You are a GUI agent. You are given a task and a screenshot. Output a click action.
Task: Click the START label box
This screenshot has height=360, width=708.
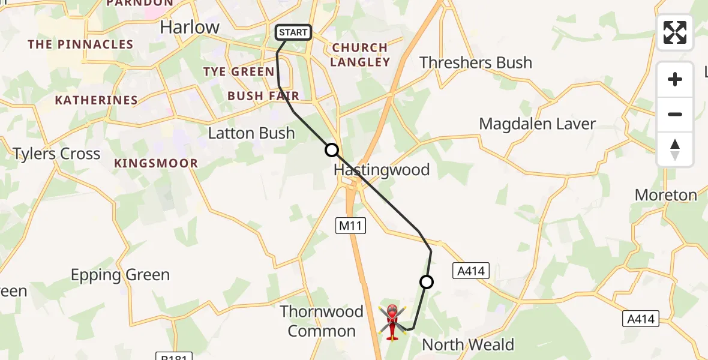click(x=293, y=32)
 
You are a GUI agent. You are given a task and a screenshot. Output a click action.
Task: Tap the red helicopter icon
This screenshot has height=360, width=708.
click(x=392, y=321)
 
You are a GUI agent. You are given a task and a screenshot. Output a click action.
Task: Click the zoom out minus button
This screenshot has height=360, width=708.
click(x=675, y=114)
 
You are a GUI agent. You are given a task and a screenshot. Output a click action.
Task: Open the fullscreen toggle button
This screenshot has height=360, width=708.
click(x=675, y=32)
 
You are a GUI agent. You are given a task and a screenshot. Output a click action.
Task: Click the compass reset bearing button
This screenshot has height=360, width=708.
click(x=675, y=149)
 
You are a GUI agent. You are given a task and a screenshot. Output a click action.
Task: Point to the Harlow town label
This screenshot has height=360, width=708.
click(x=190, y=27)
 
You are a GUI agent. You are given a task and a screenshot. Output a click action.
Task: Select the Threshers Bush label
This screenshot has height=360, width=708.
click(x=476, y=62)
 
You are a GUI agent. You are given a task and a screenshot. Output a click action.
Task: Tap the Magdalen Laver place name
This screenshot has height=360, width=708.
click(x=537, y=124)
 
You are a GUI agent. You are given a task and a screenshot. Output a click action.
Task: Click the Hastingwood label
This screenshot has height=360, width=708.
click(x=382, y=170)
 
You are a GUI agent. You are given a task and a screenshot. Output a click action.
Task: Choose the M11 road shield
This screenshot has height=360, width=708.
click(x=350, y=226)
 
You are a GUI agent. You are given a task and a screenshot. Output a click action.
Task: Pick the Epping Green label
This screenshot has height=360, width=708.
click(x=120, y=275)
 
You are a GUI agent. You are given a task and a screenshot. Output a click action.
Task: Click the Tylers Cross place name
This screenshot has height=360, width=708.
click(x=57, y=154)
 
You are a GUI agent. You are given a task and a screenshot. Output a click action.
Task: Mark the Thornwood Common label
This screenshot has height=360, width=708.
click(x=322, y=321)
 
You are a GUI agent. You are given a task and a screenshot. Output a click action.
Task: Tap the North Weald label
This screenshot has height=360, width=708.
click(x=468, y=344)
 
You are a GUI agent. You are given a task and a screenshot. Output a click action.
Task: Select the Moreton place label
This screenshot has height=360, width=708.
click(x=666, y=195)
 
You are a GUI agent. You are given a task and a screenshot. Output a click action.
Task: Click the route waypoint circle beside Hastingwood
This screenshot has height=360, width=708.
click(x=332, y=150)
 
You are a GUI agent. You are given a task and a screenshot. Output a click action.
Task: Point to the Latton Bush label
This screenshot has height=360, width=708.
click(x=251, y=133)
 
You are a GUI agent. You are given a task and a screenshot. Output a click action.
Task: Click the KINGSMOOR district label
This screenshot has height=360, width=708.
click(x=156, y=163)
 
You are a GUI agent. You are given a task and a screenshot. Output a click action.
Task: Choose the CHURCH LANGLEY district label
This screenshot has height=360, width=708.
click(x=360, y=55)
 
